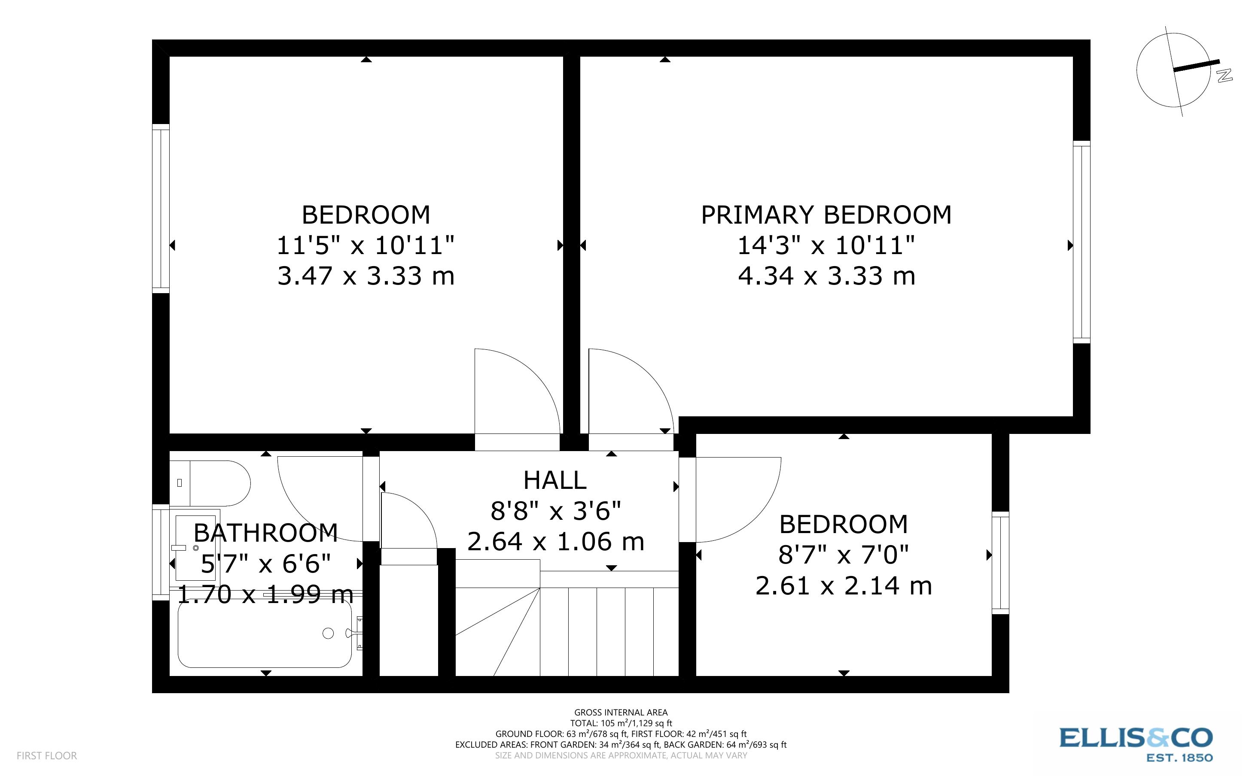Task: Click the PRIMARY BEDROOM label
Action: coord(826,215)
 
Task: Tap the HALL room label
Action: coord(554,481)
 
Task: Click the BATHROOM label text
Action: coord(265,533)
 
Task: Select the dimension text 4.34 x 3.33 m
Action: coord(826,276)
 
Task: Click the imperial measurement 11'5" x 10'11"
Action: coord(366,246)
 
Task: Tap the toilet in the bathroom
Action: coord(216,483)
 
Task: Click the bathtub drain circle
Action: coord(328,634)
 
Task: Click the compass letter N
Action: coord(1224,76)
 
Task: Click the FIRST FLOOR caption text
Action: coord(47,755)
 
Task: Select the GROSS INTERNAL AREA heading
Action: coord(620,712)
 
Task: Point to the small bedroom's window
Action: coord(1000,563)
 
